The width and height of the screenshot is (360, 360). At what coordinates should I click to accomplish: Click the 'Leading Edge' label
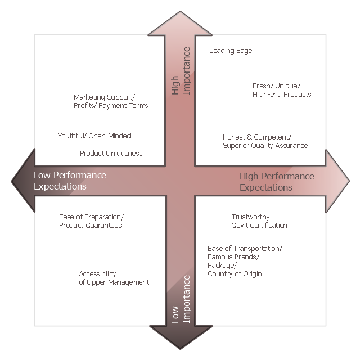coord(231,51)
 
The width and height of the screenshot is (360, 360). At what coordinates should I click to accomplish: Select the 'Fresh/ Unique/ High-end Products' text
coord(282,90)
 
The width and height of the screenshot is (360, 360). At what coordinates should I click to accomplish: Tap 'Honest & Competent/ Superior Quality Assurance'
coord(265,141)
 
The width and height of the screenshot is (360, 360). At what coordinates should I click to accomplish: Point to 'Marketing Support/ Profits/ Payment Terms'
coord(111,101)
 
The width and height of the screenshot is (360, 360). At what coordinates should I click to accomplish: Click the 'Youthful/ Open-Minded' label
coord(94,136)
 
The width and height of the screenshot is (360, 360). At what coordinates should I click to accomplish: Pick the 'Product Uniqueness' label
coord(111,153)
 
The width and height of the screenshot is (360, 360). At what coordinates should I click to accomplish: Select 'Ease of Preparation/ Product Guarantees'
coord(91,221)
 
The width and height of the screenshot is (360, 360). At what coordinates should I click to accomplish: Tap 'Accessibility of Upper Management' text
coord(114,278)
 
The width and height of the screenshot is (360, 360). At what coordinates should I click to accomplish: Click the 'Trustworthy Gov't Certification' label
coord(259,221)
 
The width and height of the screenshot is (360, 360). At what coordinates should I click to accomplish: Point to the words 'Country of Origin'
coord(235,274)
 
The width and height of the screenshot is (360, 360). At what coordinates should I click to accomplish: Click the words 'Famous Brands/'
coord(233,257)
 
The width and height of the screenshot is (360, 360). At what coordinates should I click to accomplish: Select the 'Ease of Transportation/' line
coord(245,249)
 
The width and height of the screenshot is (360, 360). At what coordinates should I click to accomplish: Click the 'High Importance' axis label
coord(181,79)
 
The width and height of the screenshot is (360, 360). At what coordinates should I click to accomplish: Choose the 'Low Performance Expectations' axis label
coord(70,181)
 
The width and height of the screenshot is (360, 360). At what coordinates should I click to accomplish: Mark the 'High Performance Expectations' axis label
coord(277,181)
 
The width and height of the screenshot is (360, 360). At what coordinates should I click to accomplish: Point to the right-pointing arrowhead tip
coord(348,181)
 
